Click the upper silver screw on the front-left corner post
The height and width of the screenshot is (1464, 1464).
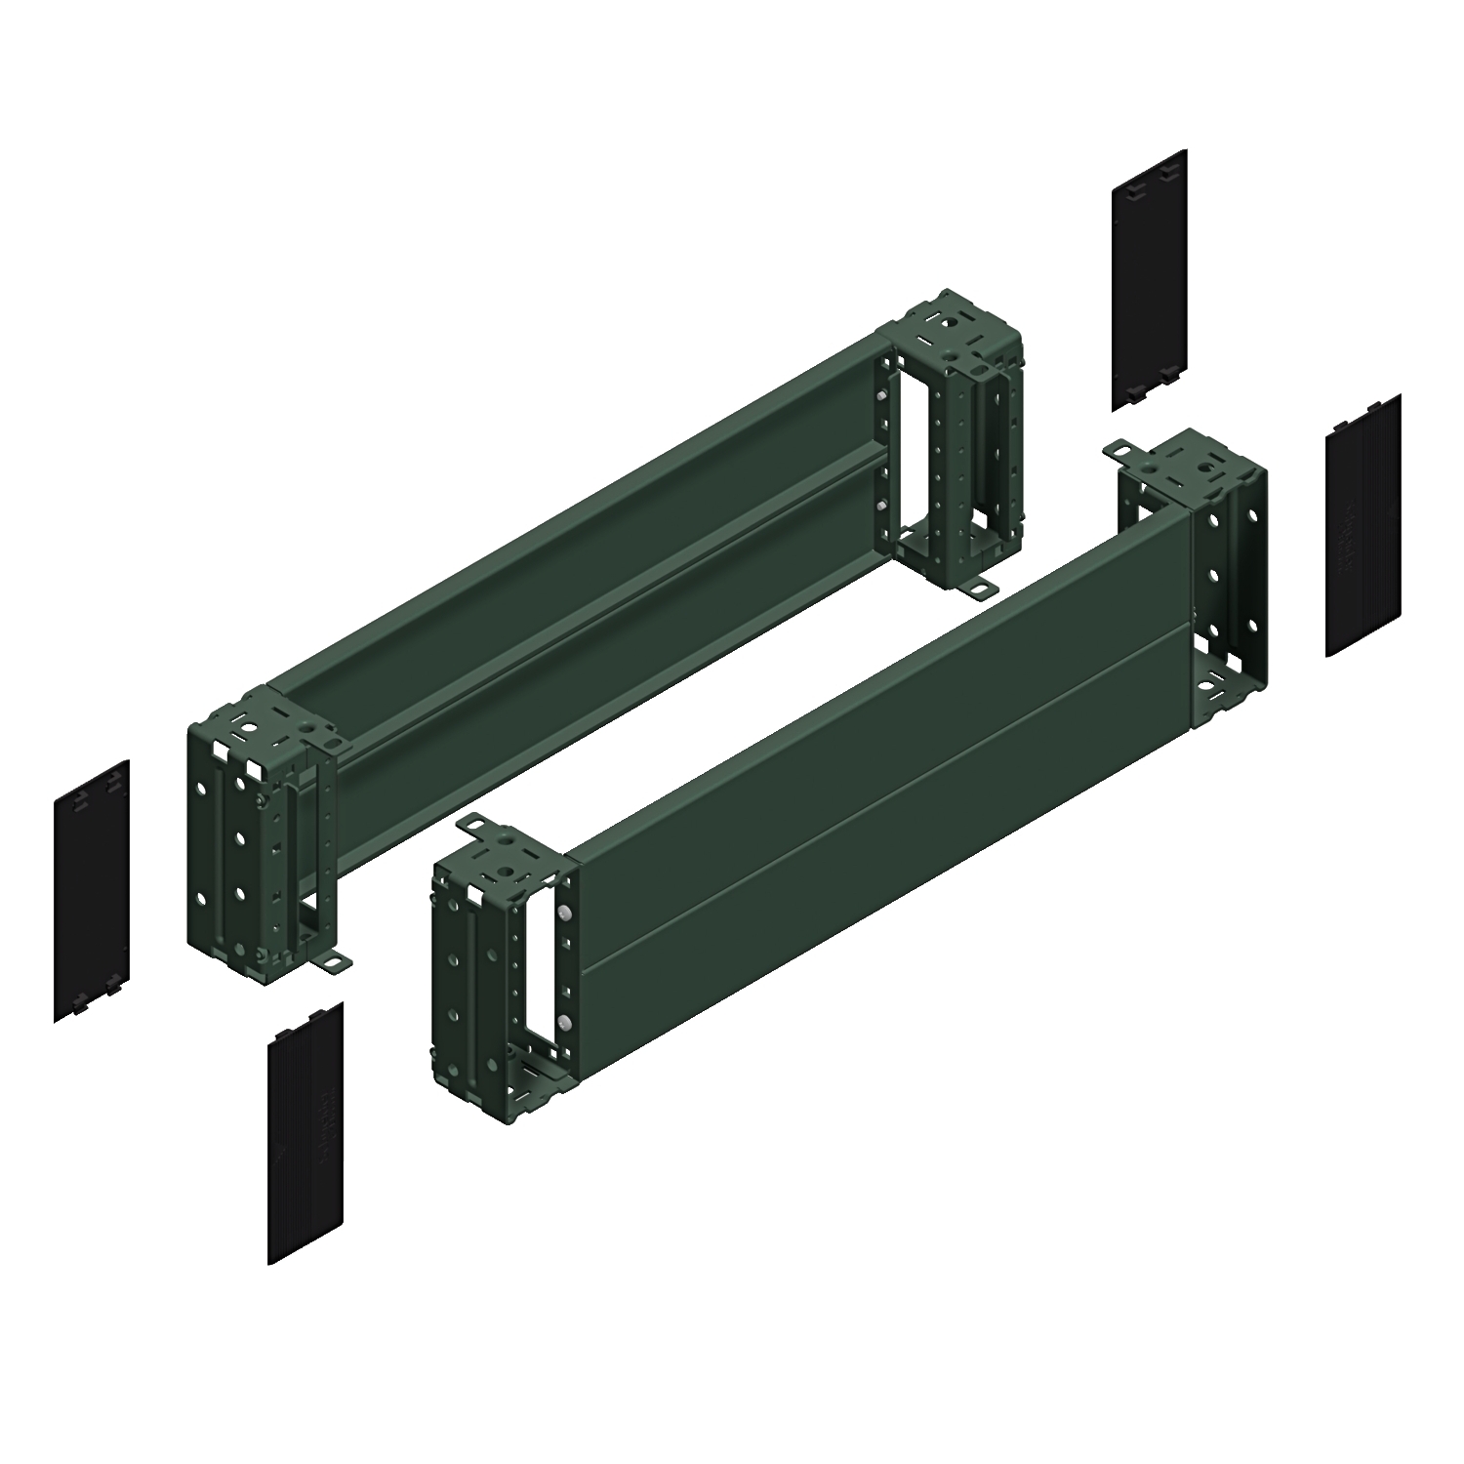pyautogui.click(x=565, y=915)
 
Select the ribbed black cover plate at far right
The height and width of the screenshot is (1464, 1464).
pyautogui.click(x=1363, y=525)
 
